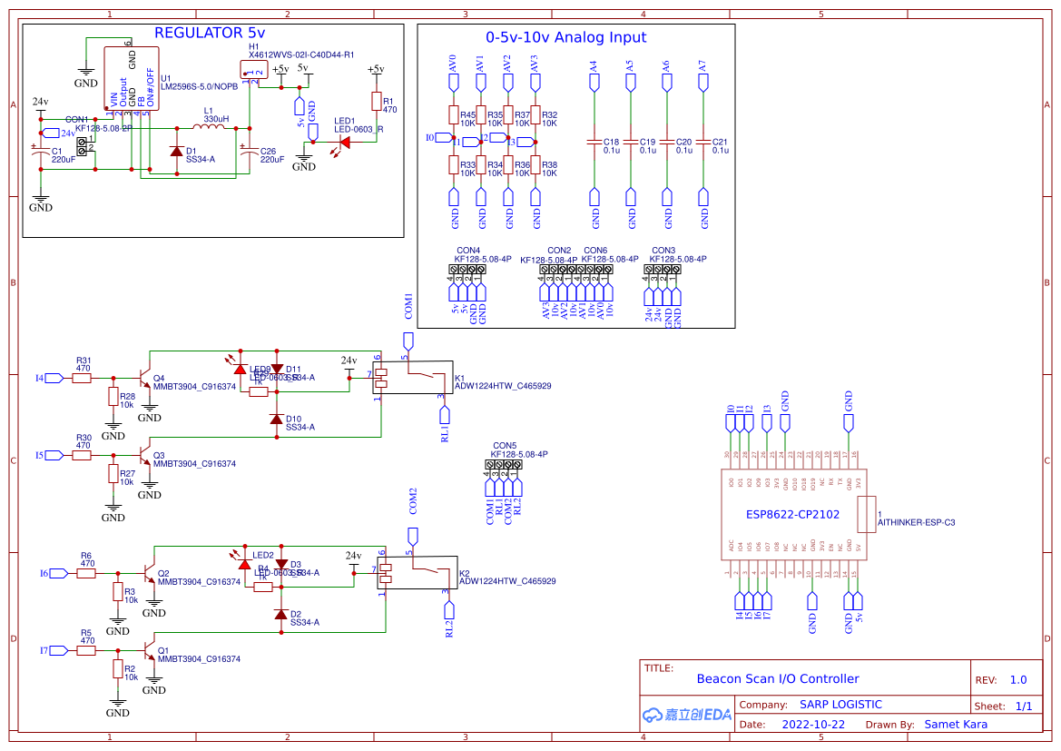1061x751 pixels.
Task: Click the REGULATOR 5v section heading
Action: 211,34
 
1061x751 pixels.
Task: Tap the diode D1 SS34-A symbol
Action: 176,151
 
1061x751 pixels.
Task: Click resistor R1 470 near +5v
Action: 376,101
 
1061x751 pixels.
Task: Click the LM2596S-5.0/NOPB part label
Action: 199,87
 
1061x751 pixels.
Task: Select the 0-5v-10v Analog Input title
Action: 565,38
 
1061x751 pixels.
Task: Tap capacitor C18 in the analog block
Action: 594,143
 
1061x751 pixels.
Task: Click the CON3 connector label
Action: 663,250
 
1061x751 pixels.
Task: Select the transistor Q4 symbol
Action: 144,377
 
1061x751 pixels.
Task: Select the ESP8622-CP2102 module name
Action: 792,514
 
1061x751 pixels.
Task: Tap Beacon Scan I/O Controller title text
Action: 777,678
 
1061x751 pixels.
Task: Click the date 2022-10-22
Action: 813,725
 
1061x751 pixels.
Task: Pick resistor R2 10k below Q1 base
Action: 117,669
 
